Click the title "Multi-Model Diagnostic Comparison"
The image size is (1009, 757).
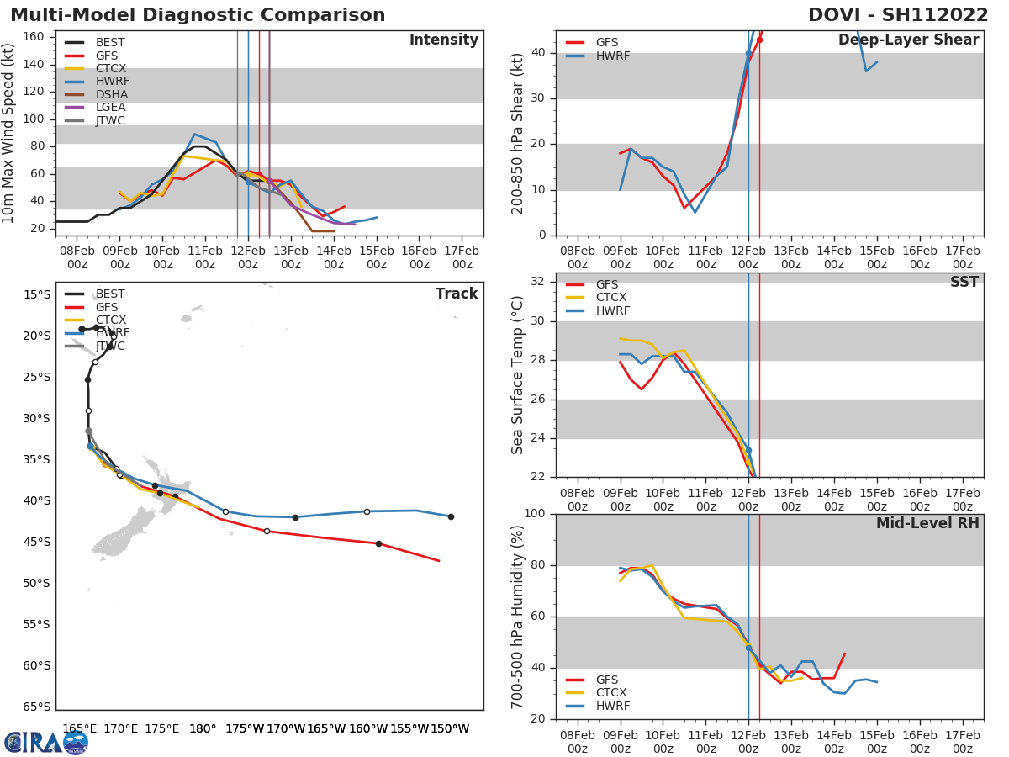(198, 15)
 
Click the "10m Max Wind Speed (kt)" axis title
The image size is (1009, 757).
(9, 135)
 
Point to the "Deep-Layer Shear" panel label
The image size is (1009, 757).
(908, 40)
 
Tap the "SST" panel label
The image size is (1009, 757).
(964, 282)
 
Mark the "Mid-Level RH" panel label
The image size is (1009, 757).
(927, 523)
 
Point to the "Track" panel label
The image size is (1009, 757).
(457, 294)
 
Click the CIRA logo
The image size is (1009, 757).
(46, 742)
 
